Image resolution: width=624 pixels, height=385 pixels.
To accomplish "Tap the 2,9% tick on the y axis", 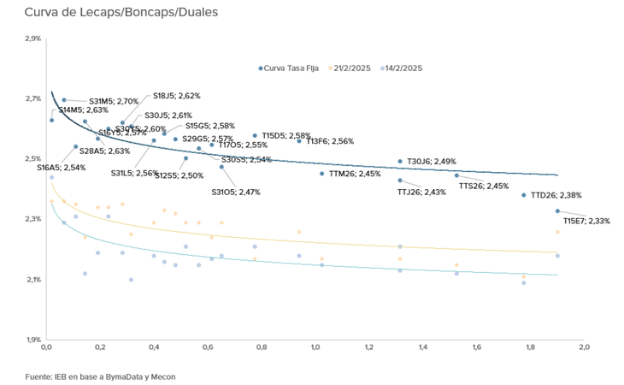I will [x=32, y=39].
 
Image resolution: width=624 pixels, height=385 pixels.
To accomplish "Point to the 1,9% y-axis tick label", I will [x=32, y=340].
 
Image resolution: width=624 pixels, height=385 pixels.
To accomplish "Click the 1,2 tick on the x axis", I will [x=368, y=348].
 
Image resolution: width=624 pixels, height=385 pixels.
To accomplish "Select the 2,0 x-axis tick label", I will [x=584, y=348].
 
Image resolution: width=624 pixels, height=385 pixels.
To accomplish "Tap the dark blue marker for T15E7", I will [x=557, y=211].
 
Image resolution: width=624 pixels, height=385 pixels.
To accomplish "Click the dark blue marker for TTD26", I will [x=524, y=195].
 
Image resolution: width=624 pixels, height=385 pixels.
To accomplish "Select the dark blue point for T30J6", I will [x=400, y=162].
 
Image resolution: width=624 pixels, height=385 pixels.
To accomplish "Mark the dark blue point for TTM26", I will [x=322, y=174].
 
